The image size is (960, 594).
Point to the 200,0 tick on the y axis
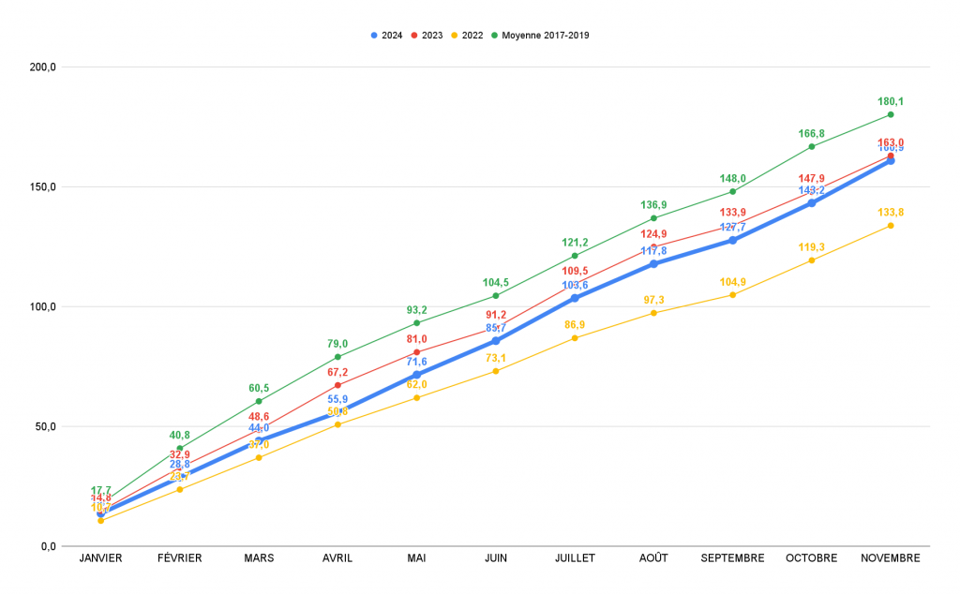click(44, 67)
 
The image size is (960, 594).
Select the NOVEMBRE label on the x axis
click(890, 558)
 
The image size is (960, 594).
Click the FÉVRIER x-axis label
click(179, 558)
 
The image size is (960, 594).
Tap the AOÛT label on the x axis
click(653, 558)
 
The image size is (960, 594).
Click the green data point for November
click(891, 114)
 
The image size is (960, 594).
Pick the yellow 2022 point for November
click(891, 225)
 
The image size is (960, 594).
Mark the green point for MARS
click(259, 401)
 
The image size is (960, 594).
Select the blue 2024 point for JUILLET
click(575, 298)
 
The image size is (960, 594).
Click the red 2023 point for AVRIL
click(337, 385)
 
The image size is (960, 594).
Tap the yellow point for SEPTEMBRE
click(732, 295)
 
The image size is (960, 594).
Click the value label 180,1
click(891, 101)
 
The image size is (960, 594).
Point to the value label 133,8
click(891, 212)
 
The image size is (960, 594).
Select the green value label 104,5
click(496, 282)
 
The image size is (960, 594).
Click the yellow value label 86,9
click(575, 324)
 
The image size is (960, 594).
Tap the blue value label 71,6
click(416, 362)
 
